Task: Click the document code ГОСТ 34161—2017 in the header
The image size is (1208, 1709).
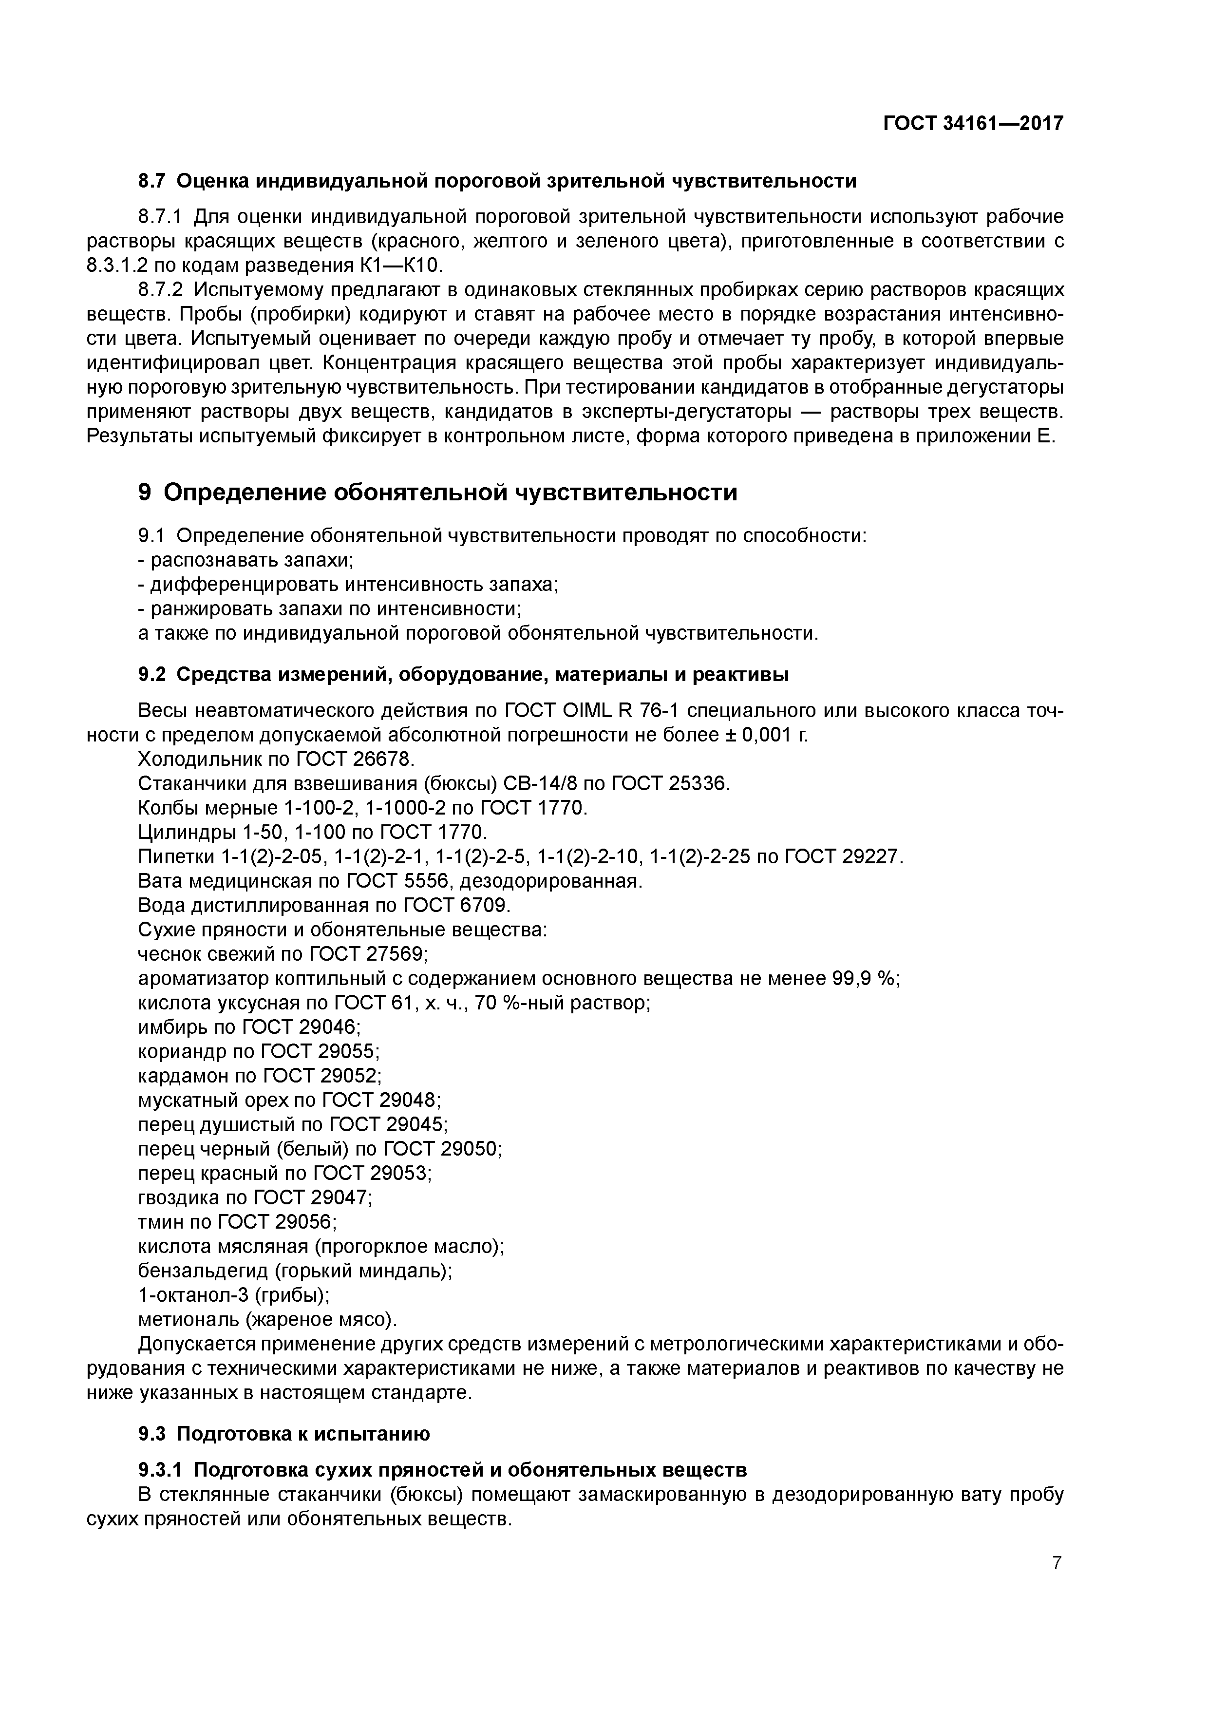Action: tap(973, 123)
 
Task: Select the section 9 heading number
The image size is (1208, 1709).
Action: tap(145, 492)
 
